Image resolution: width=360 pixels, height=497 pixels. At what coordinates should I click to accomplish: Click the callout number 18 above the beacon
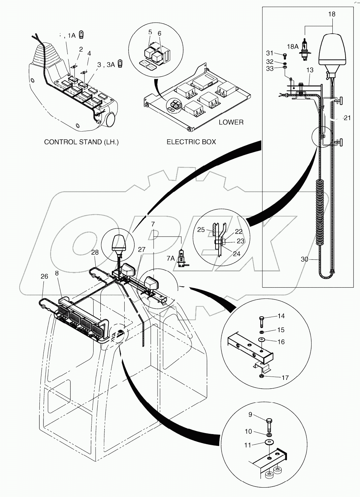[332, 14]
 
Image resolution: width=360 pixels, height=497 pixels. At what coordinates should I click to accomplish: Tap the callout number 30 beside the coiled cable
[305, 259]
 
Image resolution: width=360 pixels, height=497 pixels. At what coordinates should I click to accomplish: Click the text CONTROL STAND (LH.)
[81, 142]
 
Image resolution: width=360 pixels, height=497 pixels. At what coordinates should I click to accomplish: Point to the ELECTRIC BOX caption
[191, 142]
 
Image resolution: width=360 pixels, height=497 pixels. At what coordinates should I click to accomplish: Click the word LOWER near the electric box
[231, 122]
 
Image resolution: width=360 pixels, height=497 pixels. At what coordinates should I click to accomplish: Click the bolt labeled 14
[262, 321]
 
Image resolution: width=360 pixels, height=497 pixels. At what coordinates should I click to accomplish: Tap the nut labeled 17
[262, 376]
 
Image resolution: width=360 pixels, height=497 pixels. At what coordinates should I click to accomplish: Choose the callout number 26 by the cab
[44, 276]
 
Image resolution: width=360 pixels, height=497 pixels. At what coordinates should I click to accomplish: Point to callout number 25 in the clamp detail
[201, 229]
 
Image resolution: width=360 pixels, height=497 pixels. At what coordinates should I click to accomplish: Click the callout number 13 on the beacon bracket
[309, 70]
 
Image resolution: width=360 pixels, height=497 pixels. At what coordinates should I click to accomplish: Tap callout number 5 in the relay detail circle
[150, 32]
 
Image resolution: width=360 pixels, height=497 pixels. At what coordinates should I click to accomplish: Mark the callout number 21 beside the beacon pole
[347, 117]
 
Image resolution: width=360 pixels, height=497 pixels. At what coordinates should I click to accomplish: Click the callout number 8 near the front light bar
[57, 273]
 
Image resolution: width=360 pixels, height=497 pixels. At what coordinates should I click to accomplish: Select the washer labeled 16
[261, 340]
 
